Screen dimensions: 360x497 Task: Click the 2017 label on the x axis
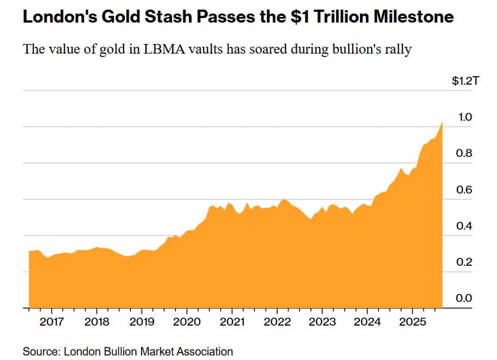(x=51, y=322)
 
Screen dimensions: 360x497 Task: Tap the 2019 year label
(x=142, y=322)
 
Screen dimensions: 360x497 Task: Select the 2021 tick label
(x=232, y=322)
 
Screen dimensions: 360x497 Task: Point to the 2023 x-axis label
(x=322, y=322)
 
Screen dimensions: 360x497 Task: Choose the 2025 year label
(x=412, y=322)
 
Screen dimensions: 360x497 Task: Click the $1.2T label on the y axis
(x=465, y=81)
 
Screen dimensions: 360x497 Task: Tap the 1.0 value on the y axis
(x=464, y=117)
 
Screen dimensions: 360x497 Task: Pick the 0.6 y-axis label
(x=464, y=190)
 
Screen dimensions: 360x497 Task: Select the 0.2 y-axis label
(x=464, y=262)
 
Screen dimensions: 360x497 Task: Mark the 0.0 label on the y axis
(x=464, y=298)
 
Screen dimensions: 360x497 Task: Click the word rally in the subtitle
(x=398, y=49)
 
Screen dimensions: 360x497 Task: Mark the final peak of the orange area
(x=442, y=122)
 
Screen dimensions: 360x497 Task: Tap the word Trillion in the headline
(x=344, y=17)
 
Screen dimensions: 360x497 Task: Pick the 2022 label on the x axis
(x=277, y=322)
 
